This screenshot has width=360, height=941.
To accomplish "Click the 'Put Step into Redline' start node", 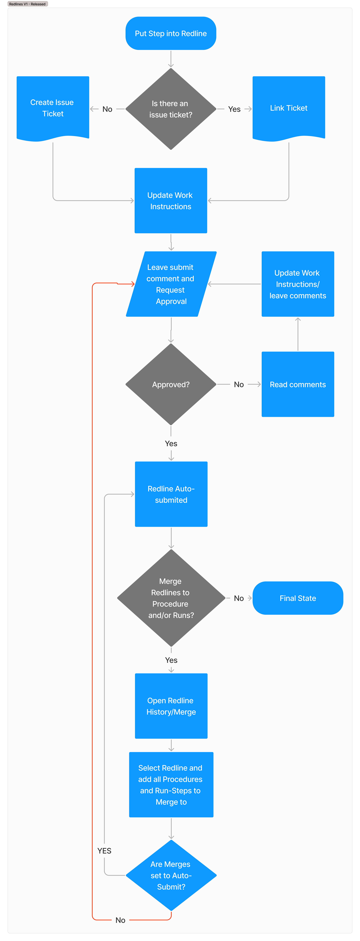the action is coord(171,33).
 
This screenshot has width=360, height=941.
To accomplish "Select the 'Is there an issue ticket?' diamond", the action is coord(171,109).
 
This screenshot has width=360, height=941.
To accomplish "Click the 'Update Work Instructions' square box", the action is coord(171,201).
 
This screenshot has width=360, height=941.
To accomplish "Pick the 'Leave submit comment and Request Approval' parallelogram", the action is coord(171,284).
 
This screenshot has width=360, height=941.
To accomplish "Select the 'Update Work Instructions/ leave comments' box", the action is coord(298,284).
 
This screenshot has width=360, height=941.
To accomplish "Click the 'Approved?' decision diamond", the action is coord(171,384).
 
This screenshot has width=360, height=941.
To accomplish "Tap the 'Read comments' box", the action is coord(298,384).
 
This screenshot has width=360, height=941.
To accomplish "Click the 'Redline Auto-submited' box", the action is coord(171,494).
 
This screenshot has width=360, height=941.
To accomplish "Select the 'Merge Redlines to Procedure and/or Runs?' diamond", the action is coord(171,598).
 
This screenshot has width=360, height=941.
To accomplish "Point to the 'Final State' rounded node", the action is coord(298,598).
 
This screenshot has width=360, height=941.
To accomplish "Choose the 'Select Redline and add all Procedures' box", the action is coord(171,785).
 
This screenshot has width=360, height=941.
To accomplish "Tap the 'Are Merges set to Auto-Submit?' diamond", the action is coord(171,875).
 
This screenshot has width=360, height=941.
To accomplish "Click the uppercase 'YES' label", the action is coord(104,851).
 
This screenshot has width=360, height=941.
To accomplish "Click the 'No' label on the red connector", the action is coord(120,920).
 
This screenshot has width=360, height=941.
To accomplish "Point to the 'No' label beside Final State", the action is coord(239,598).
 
